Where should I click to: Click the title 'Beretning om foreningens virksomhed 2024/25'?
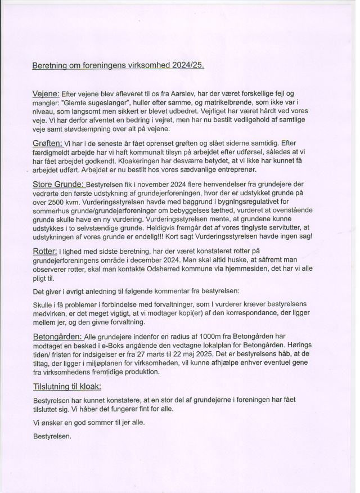point(118,65)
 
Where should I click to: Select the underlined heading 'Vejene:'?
point(46,93)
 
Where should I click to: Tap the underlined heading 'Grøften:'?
point(47,144)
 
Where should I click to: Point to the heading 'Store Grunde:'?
point(58,184)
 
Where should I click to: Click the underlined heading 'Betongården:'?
point(57,336)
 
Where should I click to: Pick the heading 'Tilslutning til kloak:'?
point(67,386)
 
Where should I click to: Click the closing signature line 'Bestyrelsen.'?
point(52,436)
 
